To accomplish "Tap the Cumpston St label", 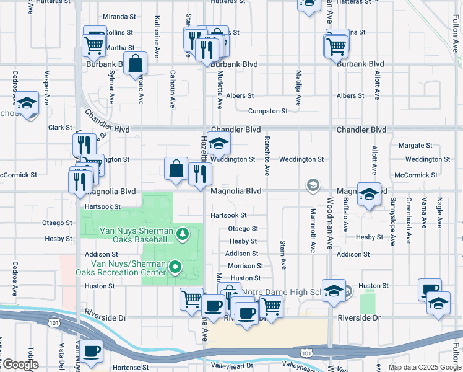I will pos(267,111).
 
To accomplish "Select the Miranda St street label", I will pos(119,17).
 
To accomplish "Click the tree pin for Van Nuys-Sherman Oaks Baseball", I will pos(182,234).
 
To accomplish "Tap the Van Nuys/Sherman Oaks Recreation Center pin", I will pos(175,267).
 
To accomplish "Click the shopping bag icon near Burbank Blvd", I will pos(135,64).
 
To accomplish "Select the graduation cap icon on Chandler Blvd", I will pos(219,144).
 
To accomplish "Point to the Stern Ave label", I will pos(283,255).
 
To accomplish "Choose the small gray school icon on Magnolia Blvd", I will pos(314,185).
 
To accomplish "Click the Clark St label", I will pos(60,128).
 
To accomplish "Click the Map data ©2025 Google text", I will pos(424,367).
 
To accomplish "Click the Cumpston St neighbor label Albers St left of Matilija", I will pos(240,96).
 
